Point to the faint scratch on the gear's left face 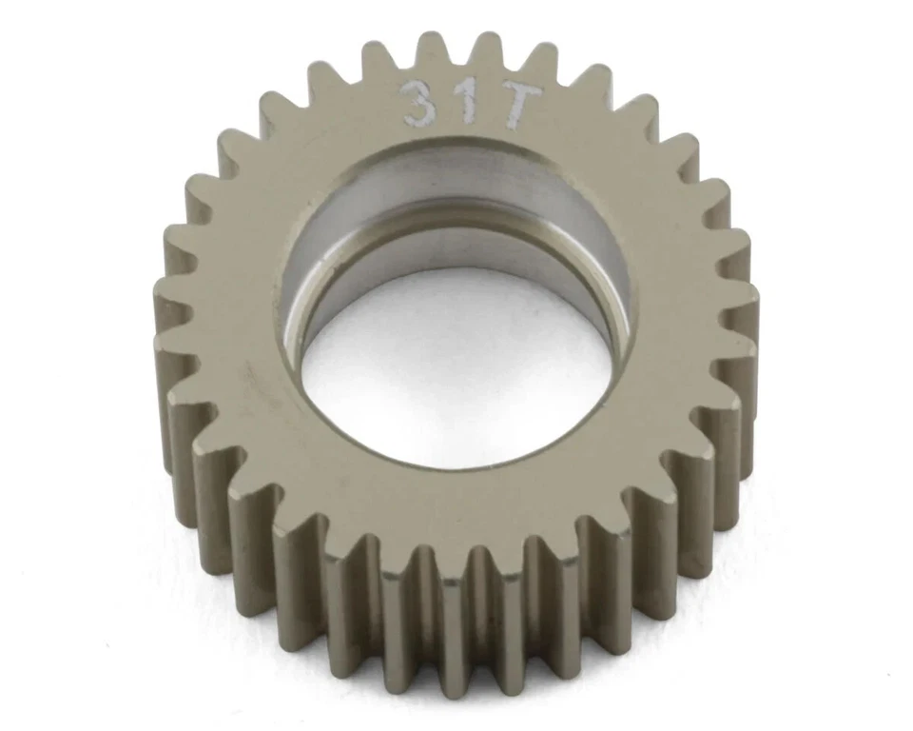252,381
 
